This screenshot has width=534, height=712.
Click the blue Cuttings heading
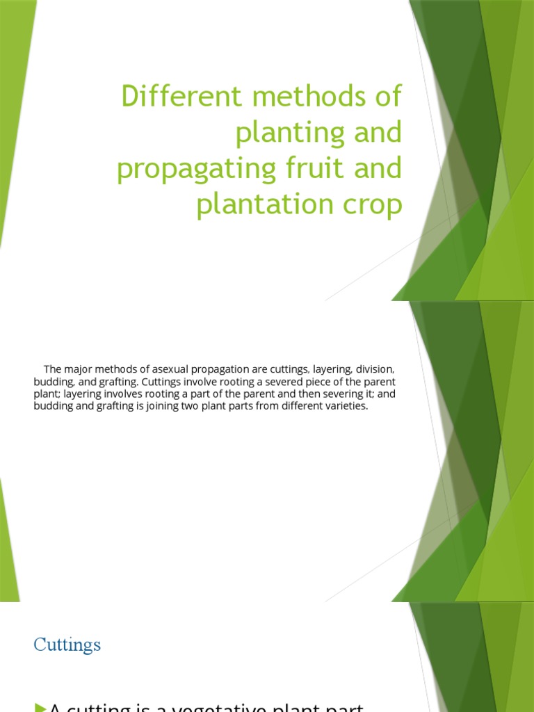point(67,645)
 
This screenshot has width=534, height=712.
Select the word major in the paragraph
point(78,369)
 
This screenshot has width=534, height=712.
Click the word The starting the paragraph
point(53,369)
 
